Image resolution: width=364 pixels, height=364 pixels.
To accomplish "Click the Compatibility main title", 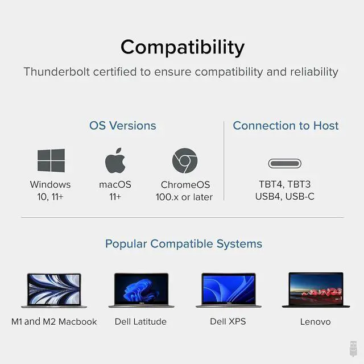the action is coord(183,47).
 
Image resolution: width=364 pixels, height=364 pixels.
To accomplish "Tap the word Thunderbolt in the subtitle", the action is coord(57,72).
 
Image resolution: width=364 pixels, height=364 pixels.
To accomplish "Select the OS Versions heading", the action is coord(123,126).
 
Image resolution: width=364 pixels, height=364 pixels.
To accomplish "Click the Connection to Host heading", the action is coord(286,126).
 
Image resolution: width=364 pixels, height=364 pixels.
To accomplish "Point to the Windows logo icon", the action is coord(51,160).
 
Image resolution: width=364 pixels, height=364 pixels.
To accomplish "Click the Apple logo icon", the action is coord(115,160).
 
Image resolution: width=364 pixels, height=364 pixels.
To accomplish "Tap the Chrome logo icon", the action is coord(185,160).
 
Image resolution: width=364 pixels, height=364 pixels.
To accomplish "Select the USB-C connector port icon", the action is coord(284,163).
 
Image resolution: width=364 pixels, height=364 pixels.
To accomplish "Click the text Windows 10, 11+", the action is coord(51,191).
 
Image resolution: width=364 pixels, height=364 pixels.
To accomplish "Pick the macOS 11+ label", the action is coord(115,191).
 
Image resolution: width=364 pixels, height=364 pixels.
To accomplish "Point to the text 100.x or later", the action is coord(184,197).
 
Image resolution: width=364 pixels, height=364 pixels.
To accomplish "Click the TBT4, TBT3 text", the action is coord(284,184).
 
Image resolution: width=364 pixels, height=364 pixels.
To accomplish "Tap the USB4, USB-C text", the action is coord(284,196).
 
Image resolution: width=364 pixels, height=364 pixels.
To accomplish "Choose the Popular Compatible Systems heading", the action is coord(184,244).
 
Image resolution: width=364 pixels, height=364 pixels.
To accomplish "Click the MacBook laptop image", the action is coord(54,291).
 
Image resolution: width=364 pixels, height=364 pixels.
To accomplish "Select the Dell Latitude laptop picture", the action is coord(142,290).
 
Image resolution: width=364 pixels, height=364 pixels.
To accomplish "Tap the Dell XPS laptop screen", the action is coord(229,288).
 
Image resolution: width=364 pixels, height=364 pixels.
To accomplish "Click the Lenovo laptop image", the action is coord(316,290).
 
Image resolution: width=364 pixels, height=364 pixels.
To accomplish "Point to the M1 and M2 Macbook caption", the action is coord(54,322).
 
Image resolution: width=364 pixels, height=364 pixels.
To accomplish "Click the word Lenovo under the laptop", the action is coord(315,322).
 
